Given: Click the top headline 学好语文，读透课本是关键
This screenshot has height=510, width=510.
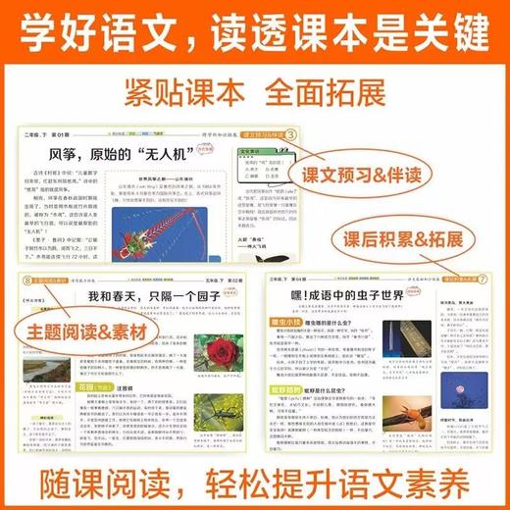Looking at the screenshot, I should [255, 28].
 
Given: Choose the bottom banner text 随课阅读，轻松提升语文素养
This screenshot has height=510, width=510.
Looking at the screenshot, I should [255, 480].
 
